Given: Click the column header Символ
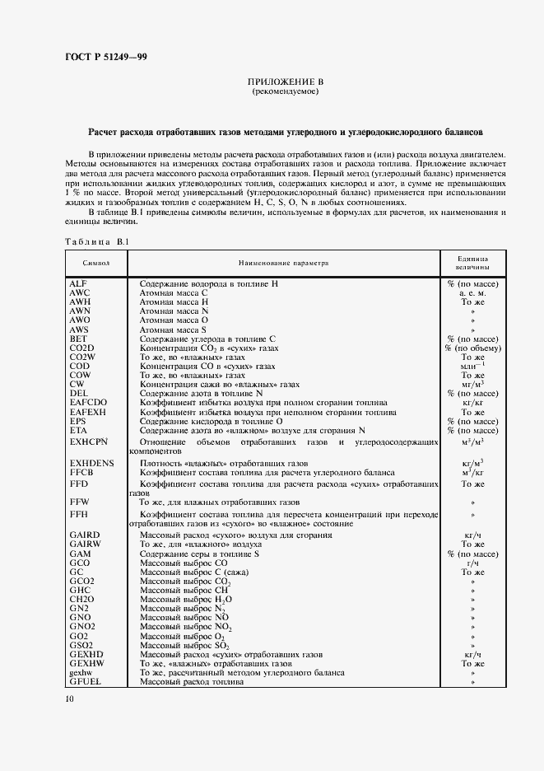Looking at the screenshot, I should point(96,263).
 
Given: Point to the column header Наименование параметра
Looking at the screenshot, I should point(283,263).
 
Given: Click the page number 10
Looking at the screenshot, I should point(70,699).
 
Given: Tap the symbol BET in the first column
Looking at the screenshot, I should point(78,339).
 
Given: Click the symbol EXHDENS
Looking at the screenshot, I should point(91,464).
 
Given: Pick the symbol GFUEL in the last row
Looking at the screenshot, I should point(85,682).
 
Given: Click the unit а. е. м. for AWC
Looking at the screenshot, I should point(472,292).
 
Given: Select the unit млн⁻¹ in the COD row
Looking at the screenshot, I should point(472,366).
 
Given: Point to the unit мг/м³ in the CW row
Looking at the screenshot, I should point(472,384).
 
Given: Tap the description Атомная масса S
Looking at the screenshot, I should point(174,329).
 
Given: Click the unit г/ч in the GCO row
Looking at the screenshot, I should point(472,563).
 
